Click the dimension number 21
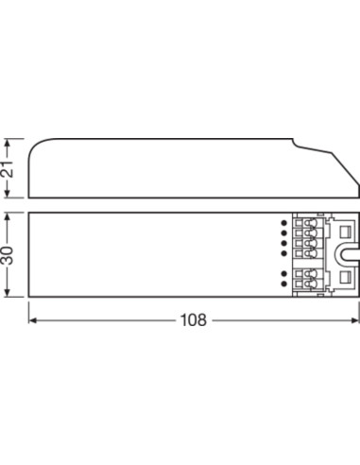[x=9, y=168]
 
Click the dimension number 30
[x=9, y=255]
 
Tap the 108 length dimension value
[x=194, y=320]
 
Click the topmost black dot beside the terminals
[x=284, y=223]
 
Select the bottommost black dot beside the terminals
[x=284, y=284]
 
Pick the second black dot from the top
[x=284, y=232]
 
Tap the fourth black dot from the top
[x=284, y=253]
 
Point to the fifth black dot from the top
[x=284, y=273]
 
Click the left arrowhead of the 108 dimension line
[x=32, y=320]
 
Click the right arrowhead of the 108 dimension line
[x=355, y=320]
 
